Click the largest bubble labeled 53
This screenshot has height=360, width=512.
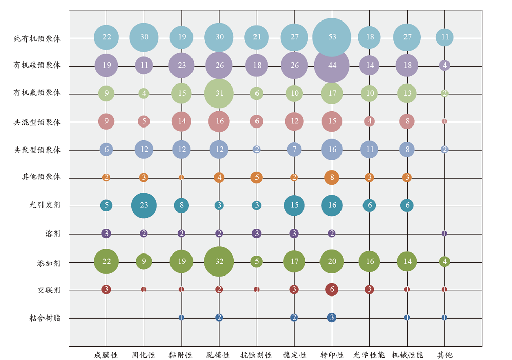coord(332,37)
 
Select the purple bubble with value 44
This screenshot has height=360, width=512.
coord(332,65)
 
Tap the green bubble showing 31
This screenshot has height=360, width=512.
coord(219,93)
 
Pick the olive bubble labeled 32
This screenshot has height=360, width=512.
coord(219,261)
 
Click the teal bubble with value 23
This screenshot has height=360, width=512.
coord(144,205)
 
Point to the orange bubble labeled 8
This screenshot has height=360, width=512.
coord(332,177)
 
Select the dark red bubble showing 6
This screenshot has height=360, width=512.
coord(332,289)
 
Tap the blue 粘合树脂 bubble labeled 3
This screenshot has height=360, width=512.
coord(332,317)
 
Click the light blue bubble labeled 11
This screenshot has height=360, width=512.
coord(444,37)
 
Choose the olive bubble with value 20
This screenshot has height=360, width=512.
coord(332,261)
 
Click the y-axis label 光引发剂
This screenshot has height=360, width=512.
coord(45,205)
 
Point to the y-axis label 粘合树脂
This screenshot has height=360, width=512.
coord(45,318)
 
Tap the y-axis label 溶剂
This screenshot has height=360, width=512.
coord(53,234)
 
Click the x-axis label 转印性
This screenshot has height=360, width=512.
coord(332,355)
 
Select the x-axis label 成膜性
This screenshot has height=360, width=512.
coord(106,355)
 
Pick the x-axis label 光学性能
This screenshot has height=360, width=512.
coord(369,355)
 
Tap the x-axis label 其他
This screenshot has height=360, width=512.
coord(444,355)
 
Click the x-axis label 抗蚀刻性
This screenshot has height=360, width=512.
coord(257,355)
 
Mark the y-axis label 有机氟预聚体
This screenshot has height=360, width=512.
coord(37,93)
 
